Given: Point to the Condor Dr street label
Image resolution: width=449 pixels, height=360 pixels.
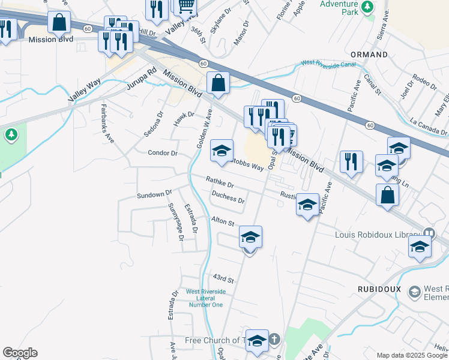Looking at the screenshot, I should point(163,153).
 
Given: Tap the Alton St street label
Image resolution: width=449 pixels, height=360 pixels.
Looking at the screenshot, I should point(222,222).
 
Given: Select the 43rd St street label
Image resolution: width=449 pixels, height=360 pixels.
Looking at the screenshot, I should point(223,279).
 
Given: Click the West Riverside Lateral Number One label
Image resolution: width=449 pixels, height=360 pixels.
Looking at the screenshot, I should point(206,298).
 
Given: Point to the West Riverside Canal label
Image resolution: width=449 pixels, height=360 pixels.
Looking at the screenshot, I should point(328,63).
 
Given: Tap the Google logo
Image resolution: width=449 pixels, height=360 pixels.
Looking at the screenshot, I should point(20,353).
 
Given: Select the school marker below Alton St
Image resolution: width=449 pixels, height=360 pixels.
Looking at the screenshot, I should point(251,236).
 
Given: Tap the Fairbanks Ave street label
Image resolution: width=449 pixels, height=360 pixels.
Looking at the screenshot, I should point(107,124).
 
